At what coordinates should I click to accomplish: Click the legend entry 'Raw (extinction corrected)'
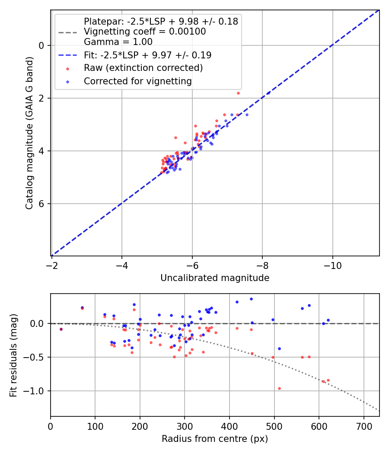pos(143,68)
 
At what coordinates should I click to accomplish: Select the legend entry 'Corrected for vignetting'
pos(137,81)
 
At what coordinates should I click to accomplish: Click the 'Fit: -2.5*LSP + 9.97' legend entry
pos(147,55)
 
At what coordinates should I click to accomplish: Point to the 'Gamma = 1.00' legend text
pos(118,42)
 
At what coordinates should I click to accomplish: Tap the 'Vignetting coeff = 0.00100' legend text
pos(145,32)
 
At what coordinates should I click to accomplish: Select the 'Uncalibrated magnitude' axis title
pos(215,278)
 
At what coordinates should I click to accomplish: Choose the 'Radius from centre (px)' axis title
pos(215,439)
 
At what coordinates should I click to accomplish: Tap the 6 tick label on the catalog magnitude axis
pos(42,204)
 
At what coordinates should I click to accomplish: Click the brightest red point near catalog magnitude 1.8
pos(238,93)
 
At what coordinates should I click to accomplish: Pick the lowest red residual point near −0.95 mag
pos(279,388)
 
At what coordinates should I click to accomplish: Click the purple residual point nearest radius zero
pos(61,329)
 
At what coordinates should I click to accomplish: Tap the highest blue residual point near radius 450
pos(251,299)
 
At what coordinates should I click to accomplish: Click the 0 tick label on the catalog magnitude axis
pos(42,45)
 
